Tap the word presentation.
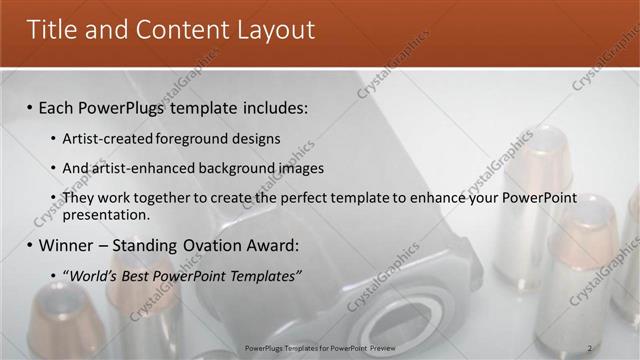pyautogui.click(x=106, y=214)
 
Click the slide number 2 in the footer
pyautogui.click(x=589, y=348)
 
